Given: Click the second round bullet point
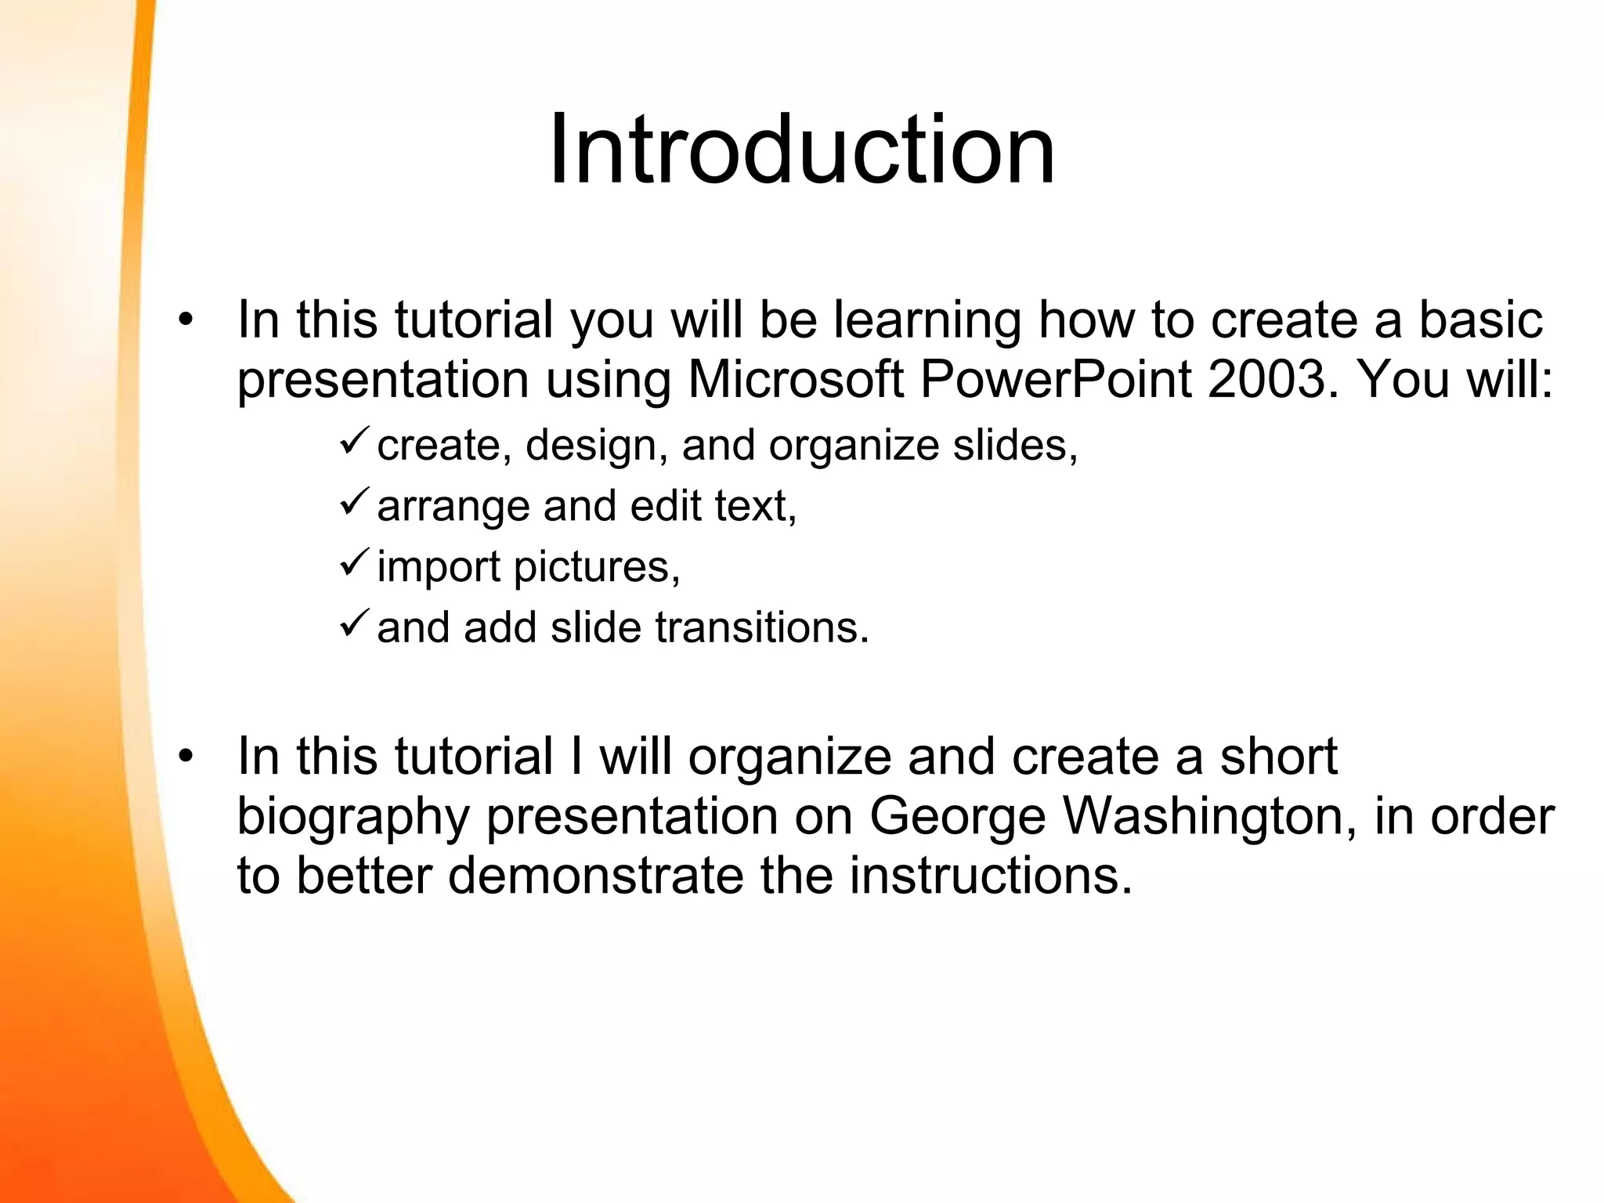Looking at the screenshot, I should coord(185,757).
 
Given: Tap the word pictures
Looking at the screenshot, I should coord(596,566).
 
